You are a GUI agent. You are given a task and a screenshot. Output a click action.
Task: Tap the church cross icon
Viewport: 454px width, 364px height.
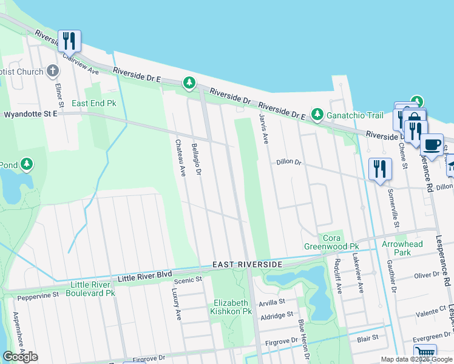[53, 72]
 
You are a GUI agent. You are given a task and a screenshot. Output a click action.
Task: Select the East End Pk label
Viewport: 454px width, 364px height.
[93, 104]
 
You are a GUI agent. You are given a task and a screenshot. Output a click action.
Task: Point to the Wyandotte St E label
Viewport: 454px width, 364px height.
[30, 114]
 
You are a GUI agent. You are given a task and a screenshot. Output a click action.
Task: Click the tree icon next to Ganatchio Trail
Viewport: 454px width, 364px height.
[317, 114]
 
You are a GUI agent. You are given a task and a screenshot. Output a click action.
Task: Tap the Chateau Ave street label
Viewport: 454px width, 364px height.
[180, 158]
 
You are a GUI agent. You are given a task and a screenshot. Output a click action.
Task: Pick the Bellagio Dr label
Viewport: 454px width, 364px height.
[196, 159]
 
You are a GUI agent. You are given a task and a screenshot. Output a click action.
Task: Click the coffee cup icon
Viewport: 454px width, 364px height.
[432, 145]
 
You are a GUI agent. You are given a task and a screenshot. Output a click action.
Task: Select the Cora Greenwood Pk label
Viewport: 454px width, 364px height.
[331, 242]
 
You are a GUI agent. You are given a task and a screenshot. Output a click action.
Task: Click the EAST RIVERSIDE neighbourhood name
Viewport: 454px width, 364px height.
[247, 265]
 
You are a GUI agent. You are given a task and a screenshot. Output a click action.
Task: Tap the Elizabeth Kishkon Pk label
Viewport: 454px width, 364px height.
[231, 307]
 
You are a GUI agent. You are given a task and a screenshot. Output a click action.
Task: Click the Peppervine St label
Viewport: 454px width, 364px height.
[38, 296]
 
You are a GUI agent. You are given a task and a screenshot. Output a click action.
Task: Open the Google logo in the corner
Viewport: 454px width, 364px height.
[20, 357]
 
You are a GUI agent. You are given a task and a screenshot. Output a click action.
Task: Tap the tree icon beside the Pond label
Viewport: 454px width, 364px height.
[26, 164]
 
